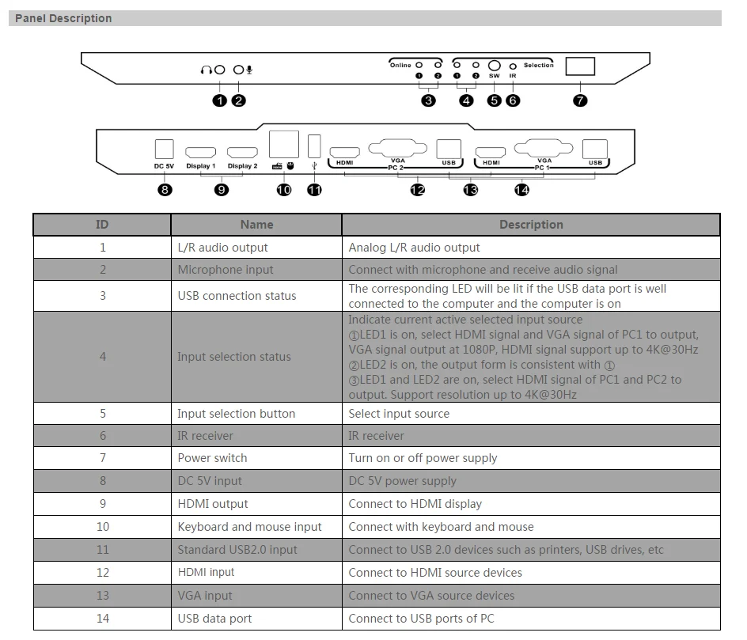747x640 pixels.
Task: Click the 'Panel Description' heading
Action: tap(63, 18)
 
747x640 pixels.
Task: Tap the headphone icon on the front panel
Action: tap(207, 70)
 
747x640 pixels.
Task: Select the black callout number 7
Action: tap(580, 100)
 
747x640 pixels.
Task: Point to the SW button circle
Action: tap(495, 66)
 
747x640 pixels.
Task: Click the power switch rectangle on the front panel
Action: tap(580, 66)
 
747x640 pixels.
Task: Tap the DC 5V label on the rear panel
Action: tap(164, 166)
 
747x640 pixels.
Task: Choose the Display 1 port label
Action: tap(201, 166)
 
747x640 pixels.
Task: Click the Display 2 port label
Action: tap(243, 166)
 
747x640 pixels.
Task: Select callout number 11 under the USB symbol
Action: tap(314, 190)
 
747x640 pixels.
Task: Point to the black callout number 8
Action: tap(165, 190)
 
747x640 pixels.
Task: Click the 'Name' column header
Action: tap(256, 225)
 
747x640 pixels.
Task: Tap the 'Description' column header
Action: tap(531, 225)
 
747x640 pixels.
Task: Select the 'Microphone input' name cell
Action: tap(226, 270)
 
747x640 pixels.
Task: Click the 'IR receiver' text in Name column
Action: tap(205, 436)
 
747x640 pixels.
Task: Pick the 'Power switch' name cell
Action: tap(212, 458)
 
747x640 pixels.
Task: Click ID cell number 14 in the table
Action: tap(103, 619)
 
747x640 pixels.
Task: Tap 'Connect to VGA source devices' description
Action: tap(431, 596)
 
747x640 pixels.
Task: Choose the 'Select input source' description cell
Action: tap(399, 414)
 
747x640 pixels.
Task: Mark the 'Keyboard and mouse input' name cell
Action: tap(249, 527)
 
